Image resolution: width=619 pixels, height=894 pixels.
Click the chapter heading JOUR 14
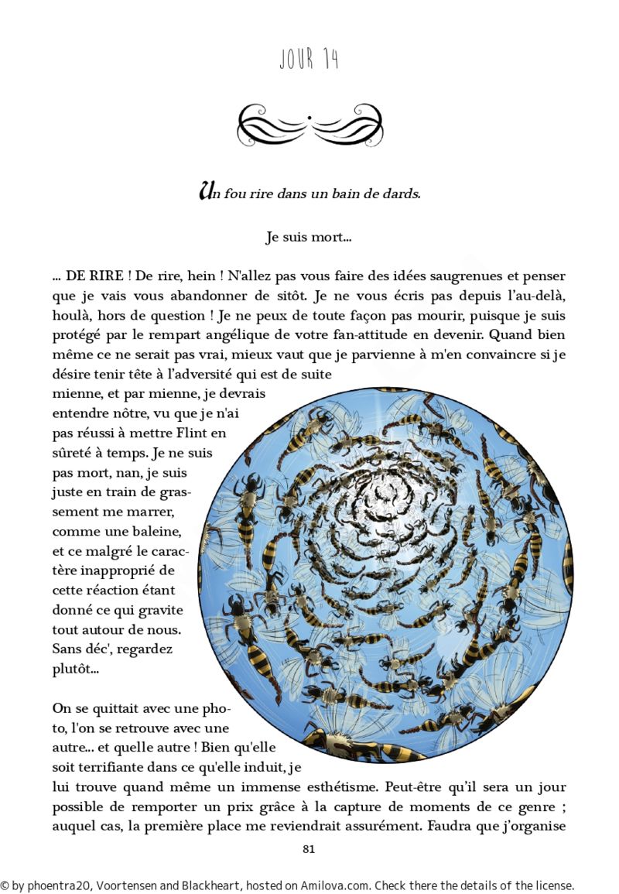click(309, 59)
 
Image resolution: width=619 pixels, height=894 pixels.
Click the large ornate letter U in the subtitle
click(206, 190)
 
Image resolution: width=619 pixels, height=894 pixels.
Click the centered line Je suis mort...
click(309, 238)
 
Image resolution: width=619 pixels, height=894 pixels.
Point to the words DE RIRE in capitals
click(98, 276)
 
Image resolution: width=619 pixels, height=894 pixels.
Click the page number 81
click(309, 849)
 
